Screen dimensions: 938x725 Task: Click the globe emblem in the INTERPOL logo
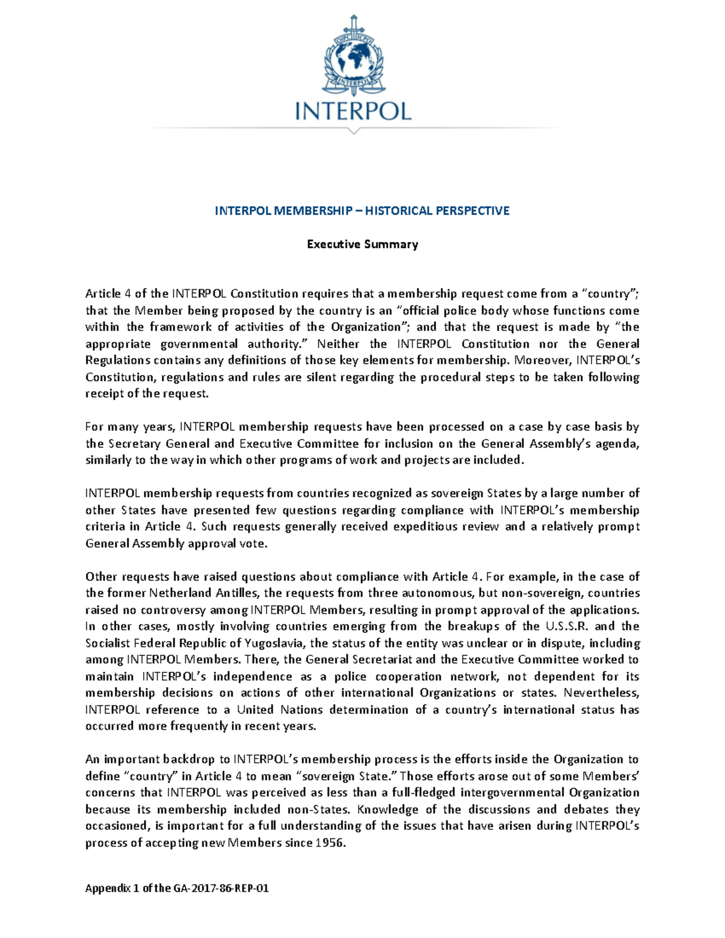click(x=353, y=58)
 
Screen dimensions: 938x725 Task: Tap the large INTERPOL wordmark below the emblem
click(x=353, y=111)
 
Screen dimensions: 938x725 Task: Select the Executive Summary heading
click(x=362, y=244)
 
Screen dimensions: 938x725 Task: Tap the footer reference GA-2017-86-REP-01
click(x=221, y=888)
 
